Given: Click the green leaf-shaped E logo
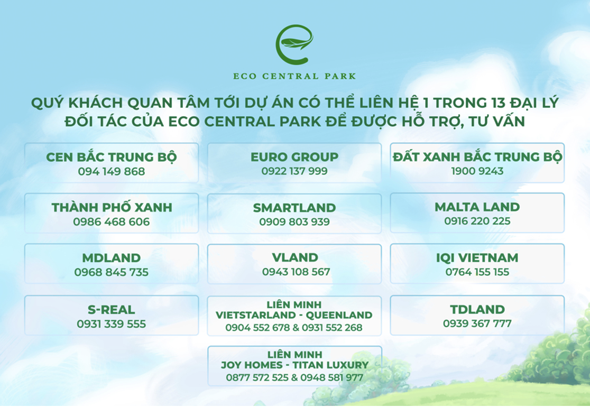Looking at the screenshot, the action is tap(294, 44).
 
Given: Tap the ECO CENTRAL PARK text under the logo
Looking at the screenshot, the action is tap(294, 76).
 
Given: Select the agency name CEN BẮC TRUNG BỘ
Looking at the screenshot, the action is tap(112, 157).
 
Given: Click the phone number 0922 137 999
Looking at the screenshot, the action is tap(294, 171).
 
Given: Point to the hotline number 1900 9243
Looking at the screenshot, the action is tap(477, 171).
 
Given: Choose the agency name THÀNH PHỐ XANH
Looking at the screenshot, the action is tap(112, 207).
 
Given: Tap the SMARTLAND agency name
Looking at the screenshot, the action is tap(294, 208).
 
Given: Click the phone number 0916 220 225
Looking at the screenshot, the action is tap(477, 221).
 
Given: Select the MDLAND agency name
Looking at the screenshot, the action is tap(112, 258).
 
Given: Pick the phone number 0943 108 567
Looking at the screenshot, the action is tap(296, 272).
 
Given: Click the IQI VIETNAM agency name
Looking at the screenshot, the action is tap(477, 257).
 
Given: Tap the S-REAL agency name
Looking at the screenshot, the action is tap(112, 310).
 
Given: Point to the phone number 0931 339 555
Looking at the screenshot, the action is tap(112, 324).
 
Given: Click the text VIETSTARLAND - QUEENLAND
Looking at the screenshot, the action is tap(294, 315).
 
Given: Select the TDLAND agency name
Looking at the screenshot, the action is tap(477, 310).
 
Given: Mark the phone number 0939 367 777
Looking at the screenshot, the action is tap(477, 323).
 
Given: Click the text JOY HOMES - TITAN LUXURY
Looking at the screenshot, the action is tap(294, 365).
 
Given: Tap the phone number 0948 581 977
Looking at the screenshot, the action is tap(331, 377).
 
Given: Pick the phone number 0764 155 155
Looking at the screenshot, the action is tap(477, 272).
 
